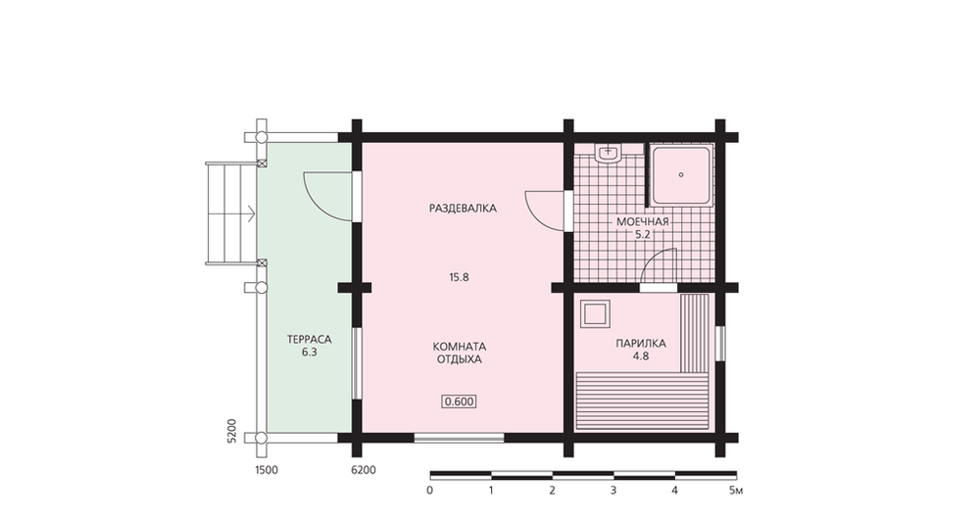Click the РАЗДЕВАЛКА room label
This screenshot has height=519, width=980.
(463, 208)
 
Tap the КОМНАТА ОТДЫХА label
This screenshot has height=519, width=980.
(460, 353)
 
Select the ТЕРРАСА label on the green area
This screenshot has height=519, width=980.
(309, 339)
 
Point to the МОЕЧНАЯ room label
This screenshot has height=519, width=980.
(643, 221)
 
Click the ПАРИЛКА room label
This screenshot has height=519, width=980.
(641, 344)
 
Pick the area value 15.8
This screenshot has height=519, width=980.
(459, 277)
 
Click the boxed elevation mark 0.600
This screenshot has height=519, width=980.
(459, 401)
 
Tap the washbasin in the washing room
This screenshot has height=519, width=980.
(608, 154)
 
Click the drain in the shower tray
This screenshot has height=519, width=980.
(681, 175)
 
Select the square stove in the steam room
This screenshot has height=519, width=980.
(595, 314)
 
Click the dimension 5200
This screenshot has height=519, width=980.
(232, 431)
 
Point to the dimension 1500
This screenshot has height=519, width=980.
(267, 470)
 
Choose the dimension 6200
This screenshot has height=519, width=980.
(364, 470)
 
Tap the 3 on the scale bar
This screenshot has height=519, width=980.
(613, 491)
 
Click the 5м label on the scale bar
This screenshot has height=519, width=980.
(736, 491)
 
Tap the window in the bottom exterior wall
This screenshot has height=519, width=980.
(460, 438)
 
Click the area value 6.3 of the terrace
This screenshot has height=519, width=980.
(309, 353)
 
